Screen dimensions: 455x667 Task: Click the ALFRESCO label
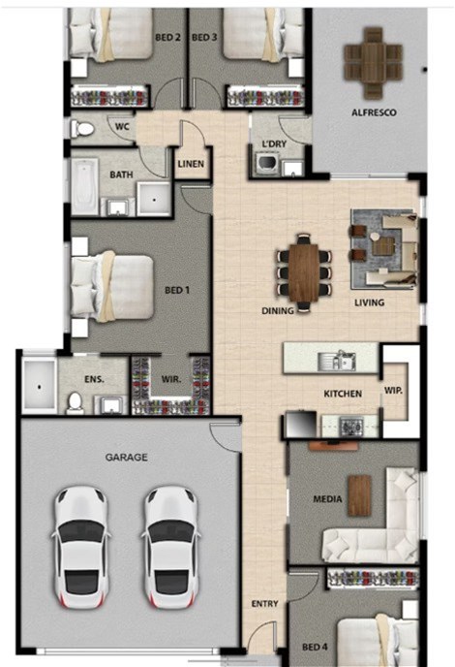tap(374, 112)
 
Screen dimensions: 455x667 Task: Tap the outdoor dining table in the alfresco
tap(373, 63)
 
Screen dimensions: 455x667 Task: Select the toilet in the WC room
tap(82, 129)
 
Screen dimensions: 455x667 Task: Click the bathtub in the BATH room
tap(84, 186)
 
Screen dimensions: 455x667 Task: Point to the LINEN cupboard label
tap(191, 164)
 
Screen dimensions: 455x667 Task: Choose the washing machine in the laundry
tap(267, 165)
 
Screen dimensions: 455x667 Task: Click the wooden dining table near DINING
tap(303, 272)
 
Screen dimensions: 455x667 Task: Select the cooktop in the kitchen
tap(350, 426)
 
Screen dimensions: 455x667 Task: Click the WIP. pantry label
tap(393, 390)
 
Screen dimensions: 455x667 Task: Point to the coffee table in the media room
tap(359, 495)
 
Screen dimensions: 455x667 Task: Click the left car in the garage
tap(81, 547)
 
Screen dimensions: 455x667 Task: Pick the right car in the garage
tap(170, 547)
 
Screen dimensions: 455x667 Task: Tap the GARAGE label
tap(127, 458)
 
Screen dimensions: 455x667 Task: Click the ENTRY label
tap(264, 604)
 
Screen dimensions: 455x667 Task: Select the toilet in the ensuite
tap(76, 402)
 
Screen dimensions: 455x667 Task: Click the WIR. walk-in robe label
tap(171, 379)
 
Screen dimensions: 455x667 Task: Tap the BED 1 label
tap(177, 290)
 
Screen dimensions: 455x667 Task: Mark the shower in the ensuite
tap(39, 386)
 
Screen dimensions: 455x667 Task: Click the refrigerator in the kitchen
tap(301, 424)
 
